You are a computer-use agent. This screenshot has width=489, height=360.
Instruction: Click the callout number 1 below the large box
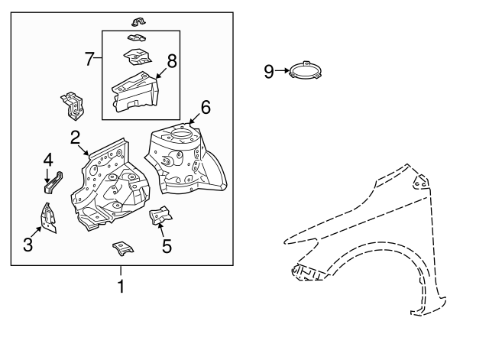pos(121,287)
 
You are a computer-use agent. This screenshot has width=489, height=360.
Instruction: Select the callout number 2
pos(75,138)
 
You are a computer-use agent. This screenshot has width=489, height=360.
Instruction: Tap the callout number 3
pos(28,245)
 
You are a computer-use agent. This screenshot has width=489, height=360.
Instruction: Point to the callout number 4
pos(48,160)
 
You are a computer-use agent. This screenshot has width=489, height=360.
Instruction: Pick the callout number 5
pos(167,246)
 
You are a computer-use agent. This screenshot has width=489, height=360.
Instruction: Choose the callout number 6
pos(206,107)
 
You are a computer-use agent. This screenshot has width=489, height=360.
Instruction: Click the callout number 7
pos(89,59)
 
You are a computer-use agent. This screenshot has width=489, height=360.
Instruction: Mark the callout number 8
pos(172,61)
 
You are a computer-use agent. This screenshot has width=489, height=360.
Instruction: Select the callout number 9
pos(269,71)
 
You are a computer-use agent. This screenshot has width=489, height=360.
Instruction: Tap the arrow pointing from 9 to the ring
pos(282,71)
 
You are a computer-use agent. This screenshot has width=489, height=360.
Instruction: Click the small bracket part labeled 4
pos(53,183)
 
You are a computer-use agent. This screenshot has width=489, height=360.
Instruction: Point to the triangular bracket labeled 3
pos(48,219)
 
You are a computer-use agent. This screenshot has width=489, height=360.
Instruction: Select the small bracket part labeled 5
pos(160,216)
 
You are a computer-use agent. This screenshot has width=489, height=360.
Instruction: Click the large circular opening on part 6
pos(181,135)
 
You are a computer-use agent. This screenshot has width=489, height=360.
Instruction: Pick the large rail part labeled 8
pos(135,92)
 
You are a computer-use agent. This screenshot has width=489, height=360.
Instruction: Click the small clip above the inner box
pos(139,22)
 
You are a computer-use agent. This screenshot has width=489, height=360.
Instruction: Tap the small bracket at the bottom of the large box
pos(123,248)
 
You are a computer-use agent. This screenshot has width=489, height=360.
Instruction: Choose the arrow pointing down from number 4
pos(47,175)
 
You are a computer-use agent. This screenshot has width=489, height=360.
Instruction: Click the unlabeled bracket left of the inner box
pos(73,106)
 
